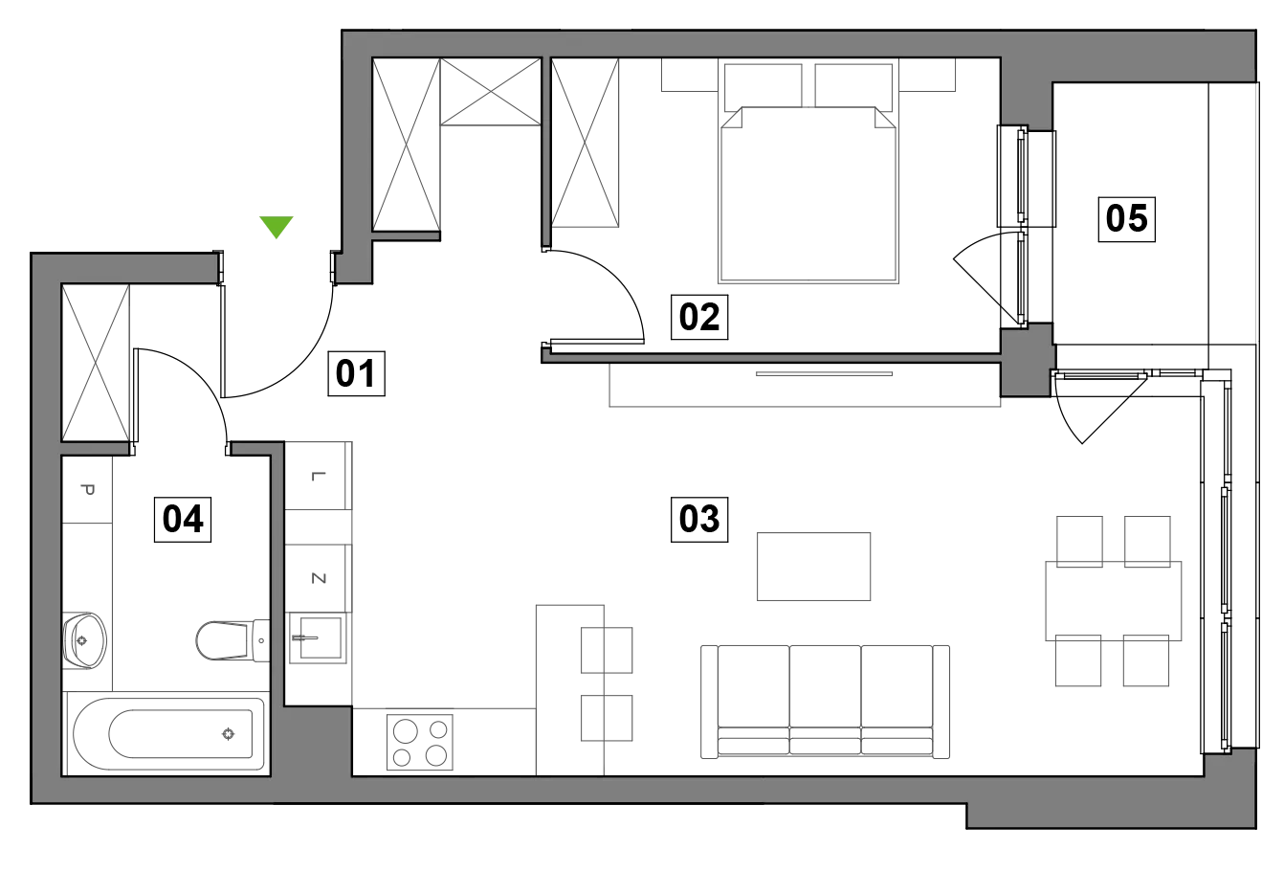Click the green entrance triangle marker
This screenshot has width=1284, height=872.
pos(277,226)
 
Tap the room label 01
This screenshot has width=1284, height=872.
pos(356,373)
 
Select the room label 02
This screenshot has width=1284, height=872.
pos(699,317)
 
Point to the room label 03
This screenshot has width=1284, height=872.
pos(699,520)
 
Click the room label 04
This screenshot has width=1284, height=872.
pos(183,520)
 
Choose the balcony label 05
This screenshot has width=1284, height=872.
pos(1126,219)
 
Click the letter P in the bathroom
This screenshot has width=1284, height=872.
pos(87,490)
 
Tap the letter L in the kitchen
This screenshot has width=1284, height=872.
pos(319,476)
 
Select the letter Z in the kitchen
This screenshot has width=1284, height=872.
pos(319,578)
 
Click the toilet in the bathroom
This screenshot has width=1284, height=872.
pos(232,640)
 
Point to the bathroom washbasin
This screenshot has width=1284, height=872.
pos(84,640)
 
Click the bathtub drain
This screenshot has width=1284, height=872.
pos(228,734)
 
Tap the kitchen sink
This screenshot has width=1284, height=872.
pos(318,637)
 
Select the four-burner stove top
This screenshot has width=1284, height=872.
pos(420,742)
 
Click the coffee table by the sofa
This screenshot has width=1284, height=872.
pos(813,567)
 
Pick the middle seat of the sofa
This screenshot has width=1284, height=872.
pos(825,700)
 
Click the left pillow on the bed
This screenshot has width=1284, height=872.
pos(763,87)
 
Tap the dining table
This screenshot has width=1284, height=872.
pos(1113,601)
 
